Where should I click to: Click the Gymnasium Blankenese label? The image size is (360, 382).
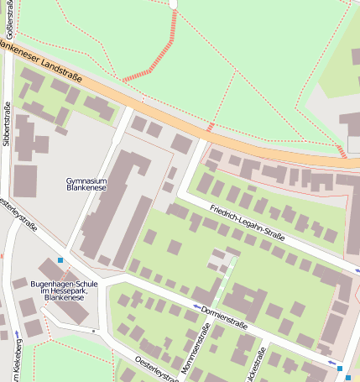click(86, 185)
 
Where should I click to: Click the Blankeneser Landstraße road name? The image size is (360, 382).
click(42, 62)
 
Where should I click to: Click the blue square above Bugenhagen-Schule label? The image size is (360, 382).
click(60, 260)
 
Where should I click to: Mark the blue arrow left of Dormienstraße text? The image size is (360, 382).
click(198, 307)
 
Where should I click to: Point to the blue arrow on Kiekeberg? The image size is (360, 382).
click(18, 336)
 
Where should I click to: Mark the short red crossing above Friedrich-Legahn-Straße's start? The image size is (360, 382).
click(210, 128)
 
